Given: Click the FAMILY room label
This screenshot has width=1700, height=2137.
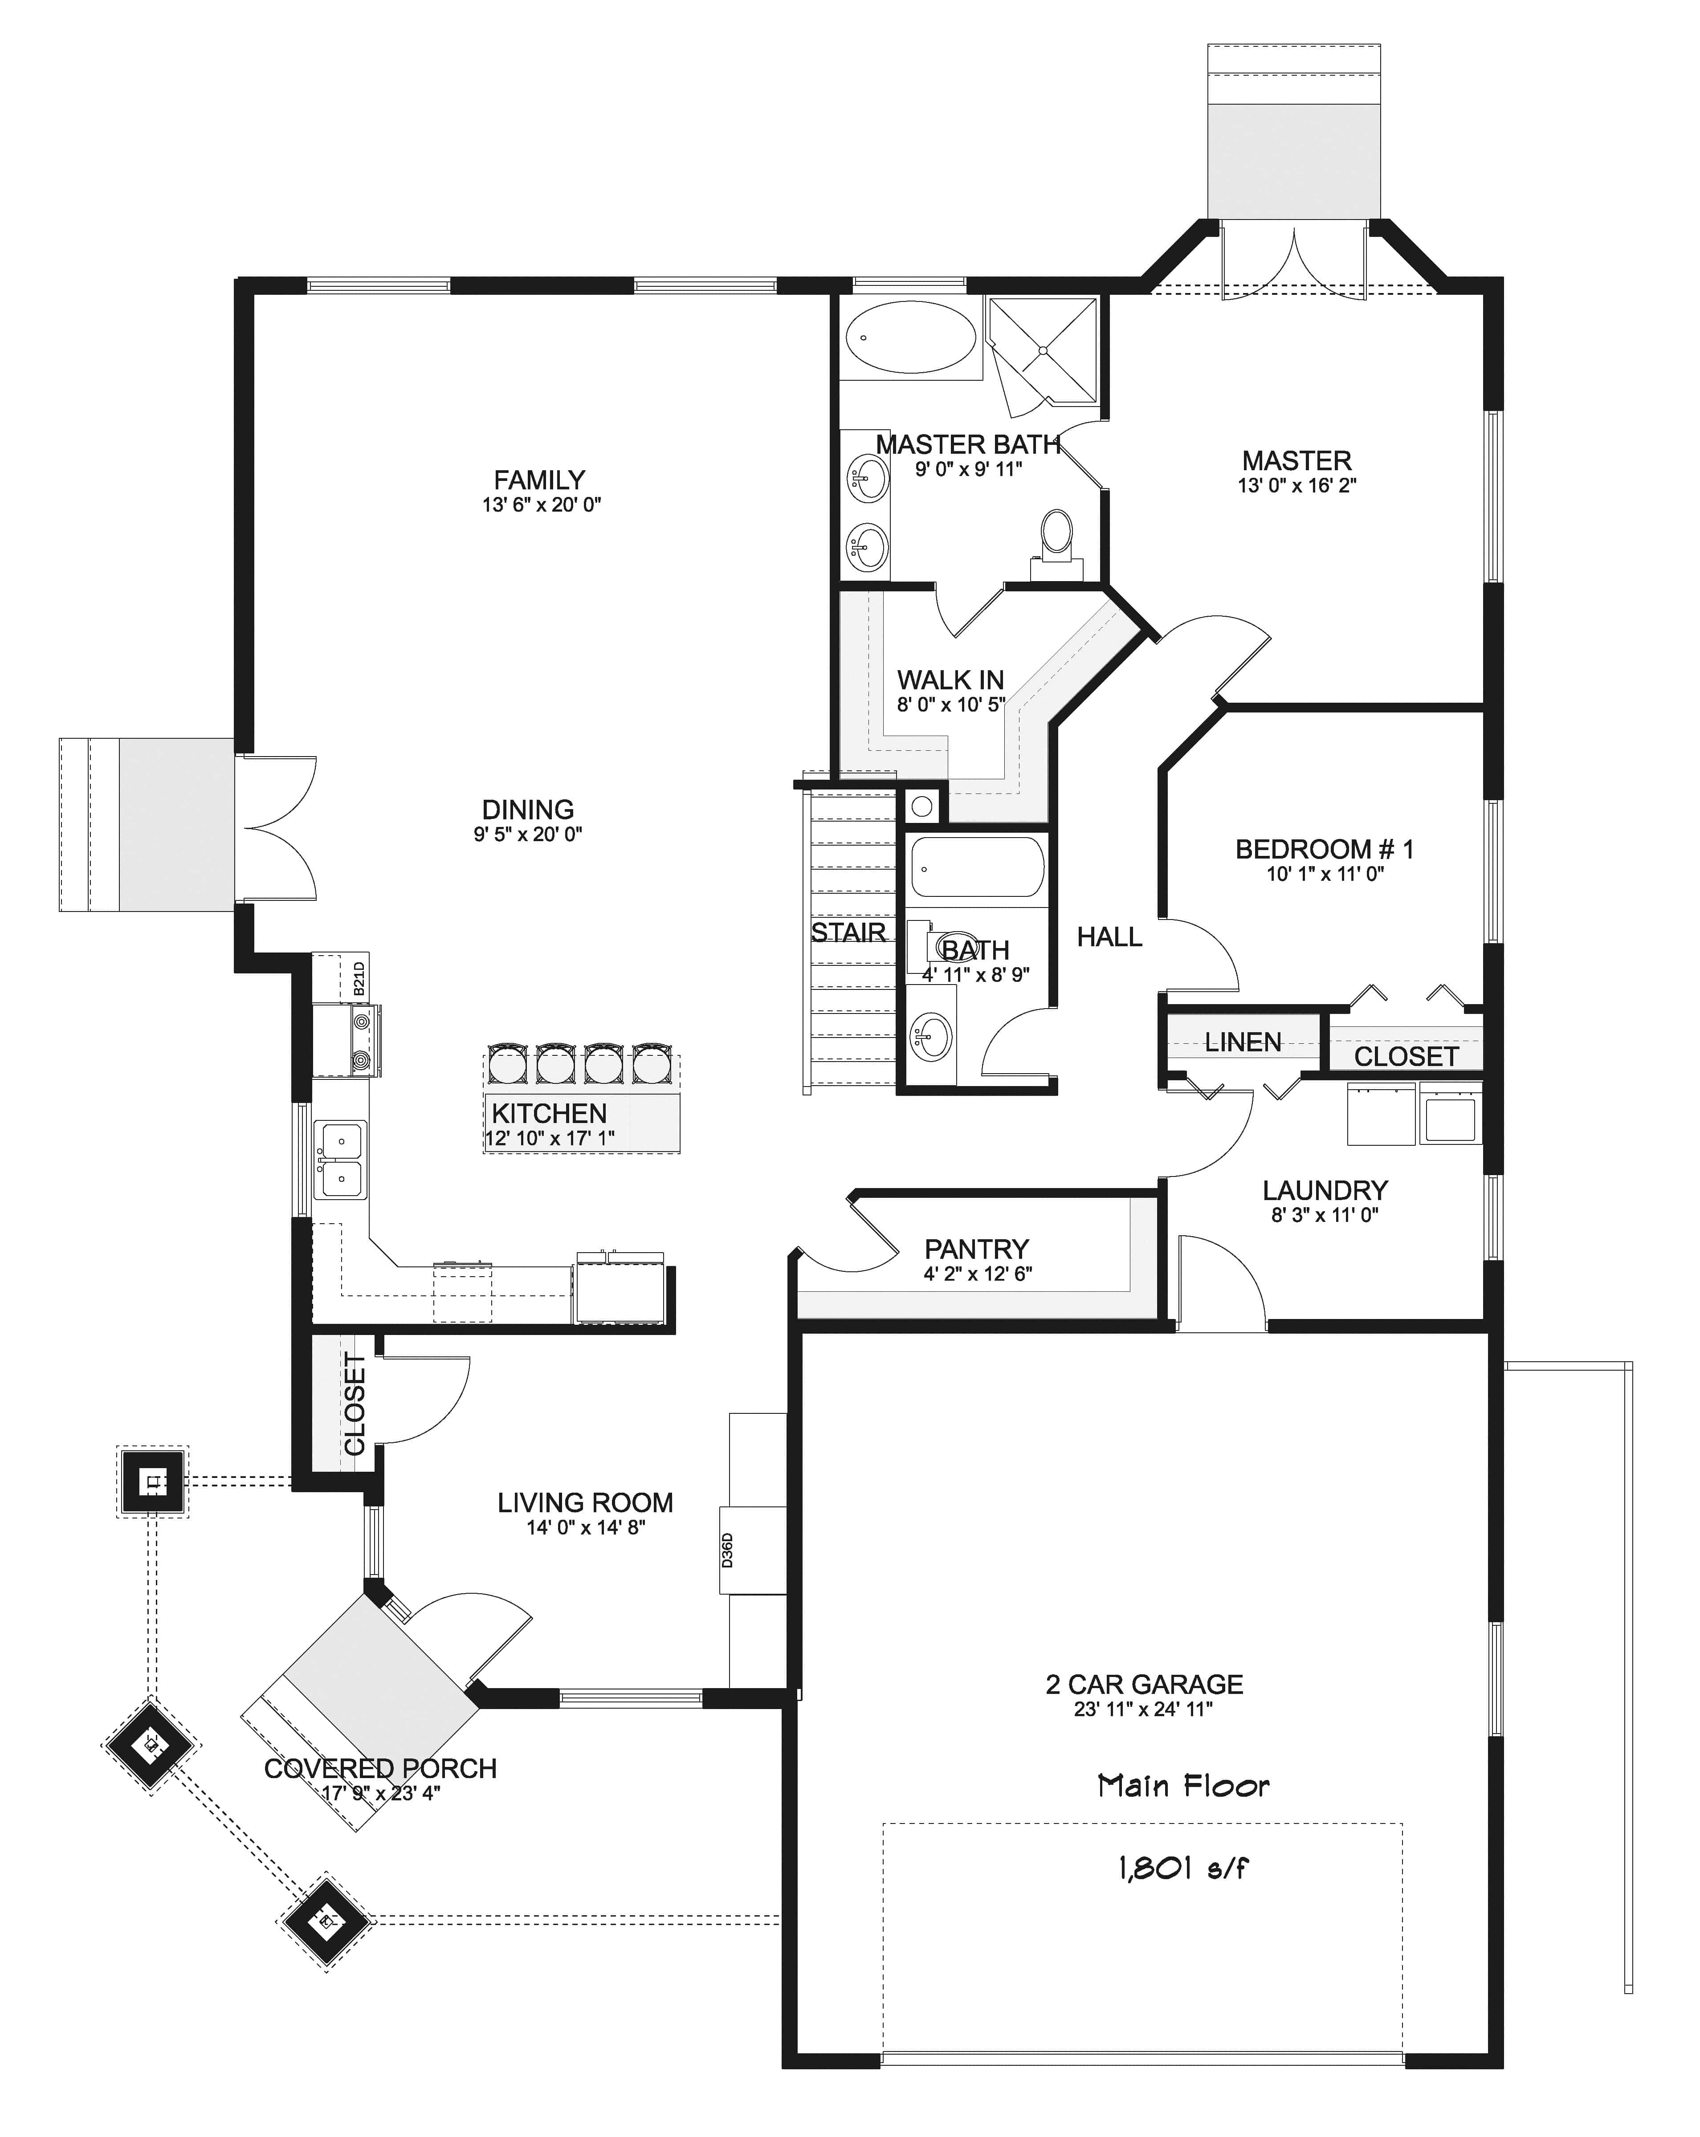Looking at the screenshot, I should (539, 480).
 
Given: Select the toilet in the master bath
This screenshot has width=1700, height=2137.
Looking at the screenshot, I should (1057, 535).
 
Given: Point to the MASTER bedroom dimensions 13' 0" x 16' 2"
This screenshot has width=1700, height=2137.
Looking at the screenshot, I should (1296, 486).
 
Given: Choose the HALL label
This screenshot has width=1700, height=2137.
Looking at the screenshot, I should (1109, 936).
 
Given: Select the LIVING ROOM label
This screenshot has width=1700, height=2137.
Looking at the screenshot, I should (585, 1502).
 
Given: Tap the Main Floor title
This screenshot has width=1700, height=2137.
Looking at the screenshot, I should (1182, 1785).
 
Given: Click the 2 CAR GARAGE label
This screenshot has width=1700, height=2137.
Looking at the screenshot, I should (1144, 1684).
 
